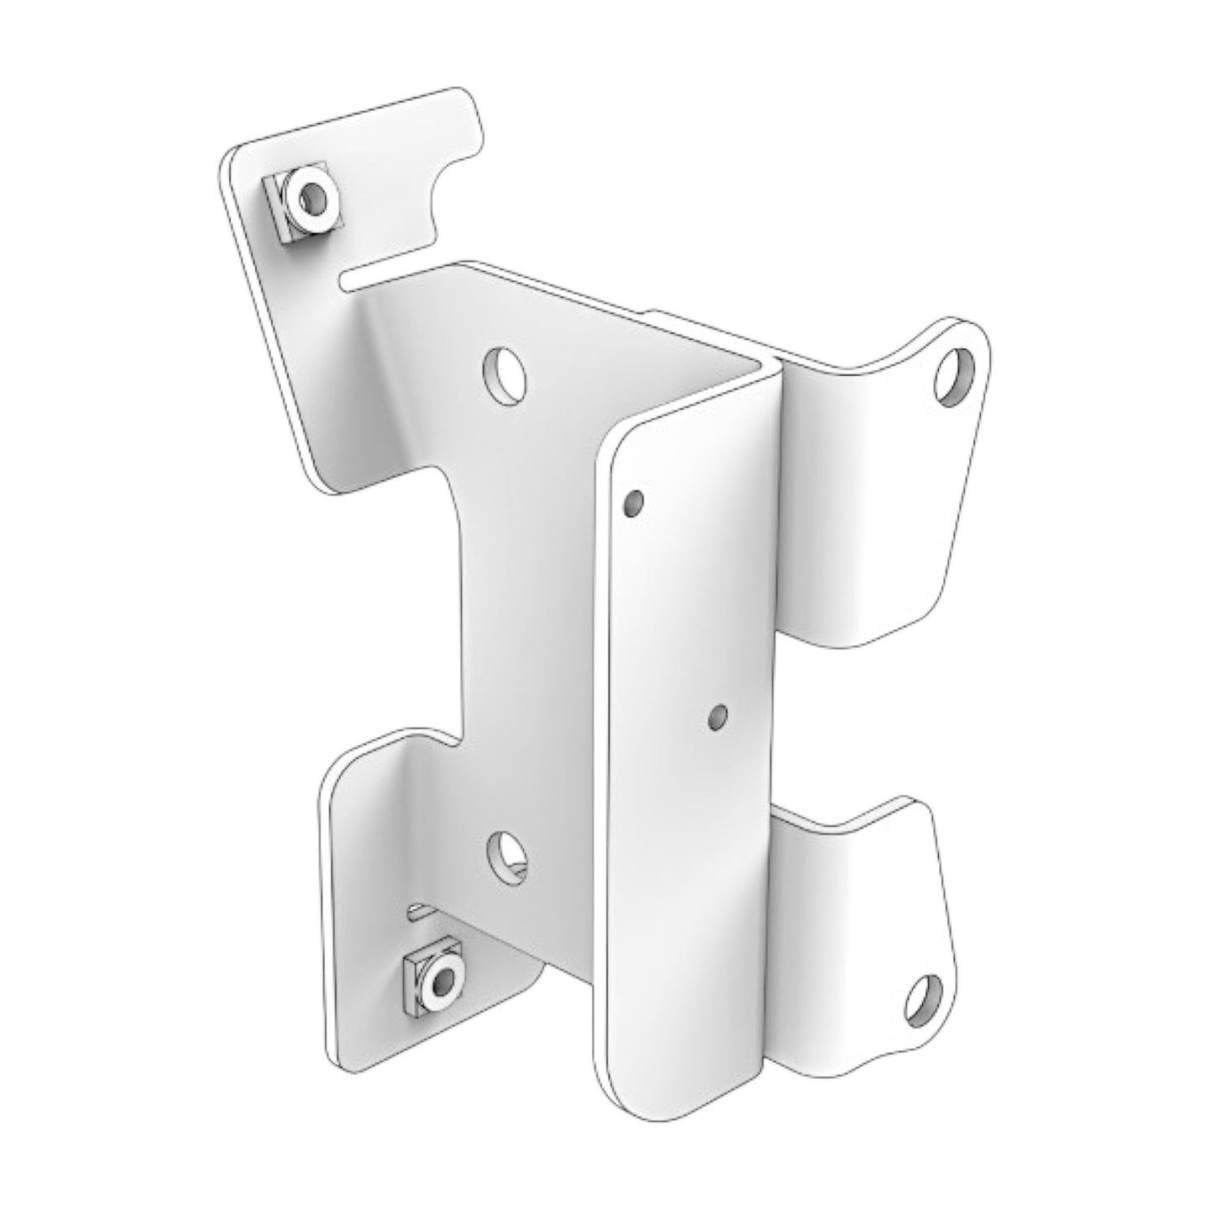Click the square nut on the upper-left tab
302,205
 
